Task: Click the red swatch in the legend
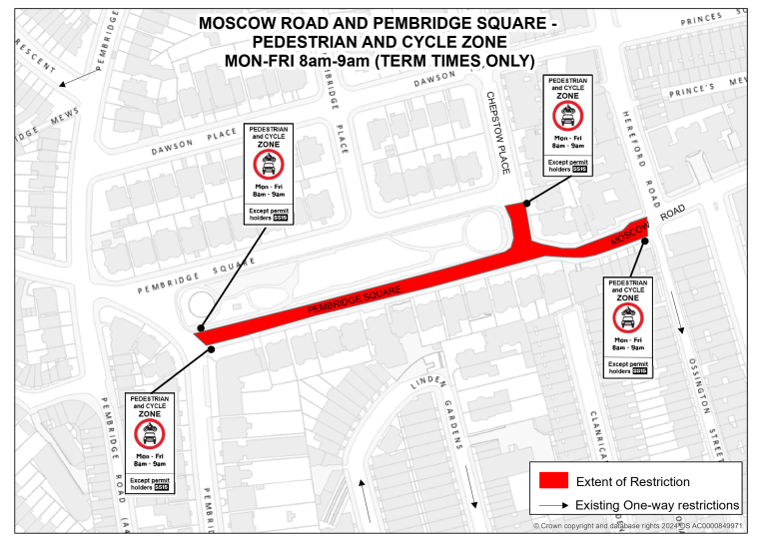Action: click(x=553, y=481)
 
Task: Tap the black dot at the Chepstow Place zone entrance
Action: click(x=526, y=203)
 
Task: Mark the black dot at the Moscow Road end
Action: click(x=646, y=241)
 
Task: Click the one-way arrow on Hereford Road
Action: click(x=679, y=318)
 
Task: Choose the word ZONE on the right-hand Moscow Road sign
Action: click(x=628, y=297)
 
